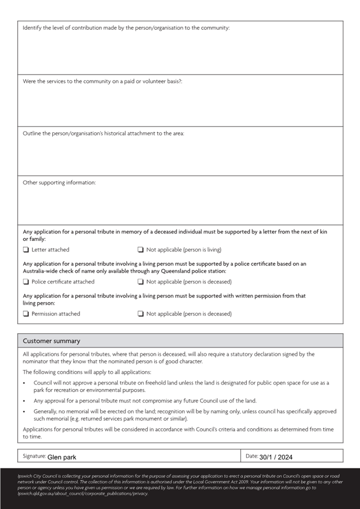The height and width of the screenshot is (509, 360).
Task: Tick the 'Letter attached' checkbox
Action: tap(26, 249)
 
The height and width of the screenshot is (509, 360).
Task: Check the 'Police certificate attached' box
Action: tap(26, 282)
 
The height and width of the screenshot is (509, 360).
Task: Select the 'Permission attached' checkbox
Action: tap(26, 314)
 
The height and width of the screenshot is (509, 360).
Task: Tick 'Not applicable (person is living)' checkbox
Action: tap(141, 249)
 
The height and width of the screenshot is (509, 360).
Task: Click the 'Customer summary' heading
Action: tap(51, 341)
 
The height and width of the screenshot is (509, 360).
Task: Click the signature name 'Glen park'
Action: tap(62, 457)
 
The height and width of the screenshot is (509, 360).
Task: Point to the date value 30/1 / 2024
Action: tap(276, 457)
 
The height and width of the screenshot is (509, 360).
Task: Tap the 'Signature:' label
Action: tap(34, 456)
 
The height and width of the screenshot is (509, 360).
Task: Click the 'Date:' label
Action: tap(252, 456)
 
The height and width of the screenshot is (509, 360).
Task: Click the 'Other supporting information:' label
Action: tap(59, 183)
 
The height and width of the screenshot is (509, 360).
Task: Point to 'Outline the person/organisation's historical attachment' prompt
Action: tap(103, 133)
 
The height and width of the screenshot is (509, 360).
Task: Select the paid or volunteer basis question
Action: tap(102, 81)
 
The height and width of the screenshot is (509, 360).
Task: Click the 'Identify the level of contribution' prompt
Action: tap(126, 27)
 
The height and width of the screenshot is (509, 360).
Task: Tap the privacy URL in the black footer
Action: tap(83, 493)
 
